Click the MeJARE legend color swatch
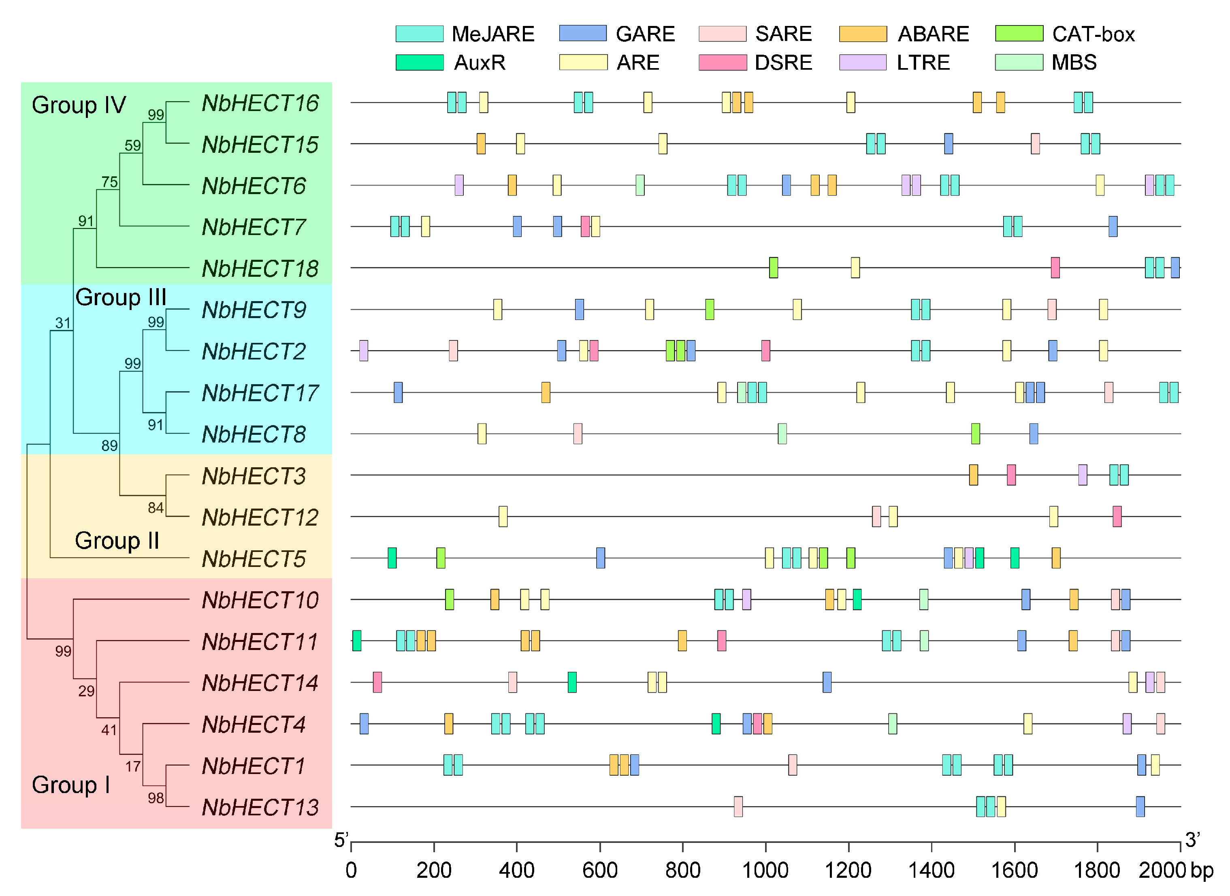pos(419,34)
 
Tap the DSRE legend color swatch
pos(723,62)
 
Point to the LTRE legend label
pos(923,62)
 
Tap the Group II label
pos(117,541)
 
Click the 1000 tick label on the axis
pos(765,870)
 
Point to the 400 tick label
pos(516,870)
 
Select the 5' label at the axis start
pos(341,840)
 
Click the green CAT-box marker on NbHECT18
pos(774,267)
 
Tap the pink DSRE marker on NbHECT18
pos(1055,267)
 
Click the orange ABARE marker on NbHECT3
pos(973,475)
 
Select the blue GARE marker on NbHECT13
pos(1140,806)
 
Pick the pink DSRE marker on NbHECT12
pos(1117,516)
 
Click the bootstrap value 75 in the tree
pos(109,182)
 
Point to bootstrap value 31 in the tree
pos(63,323)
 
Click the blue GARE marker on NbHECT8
pos(1033,434)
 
